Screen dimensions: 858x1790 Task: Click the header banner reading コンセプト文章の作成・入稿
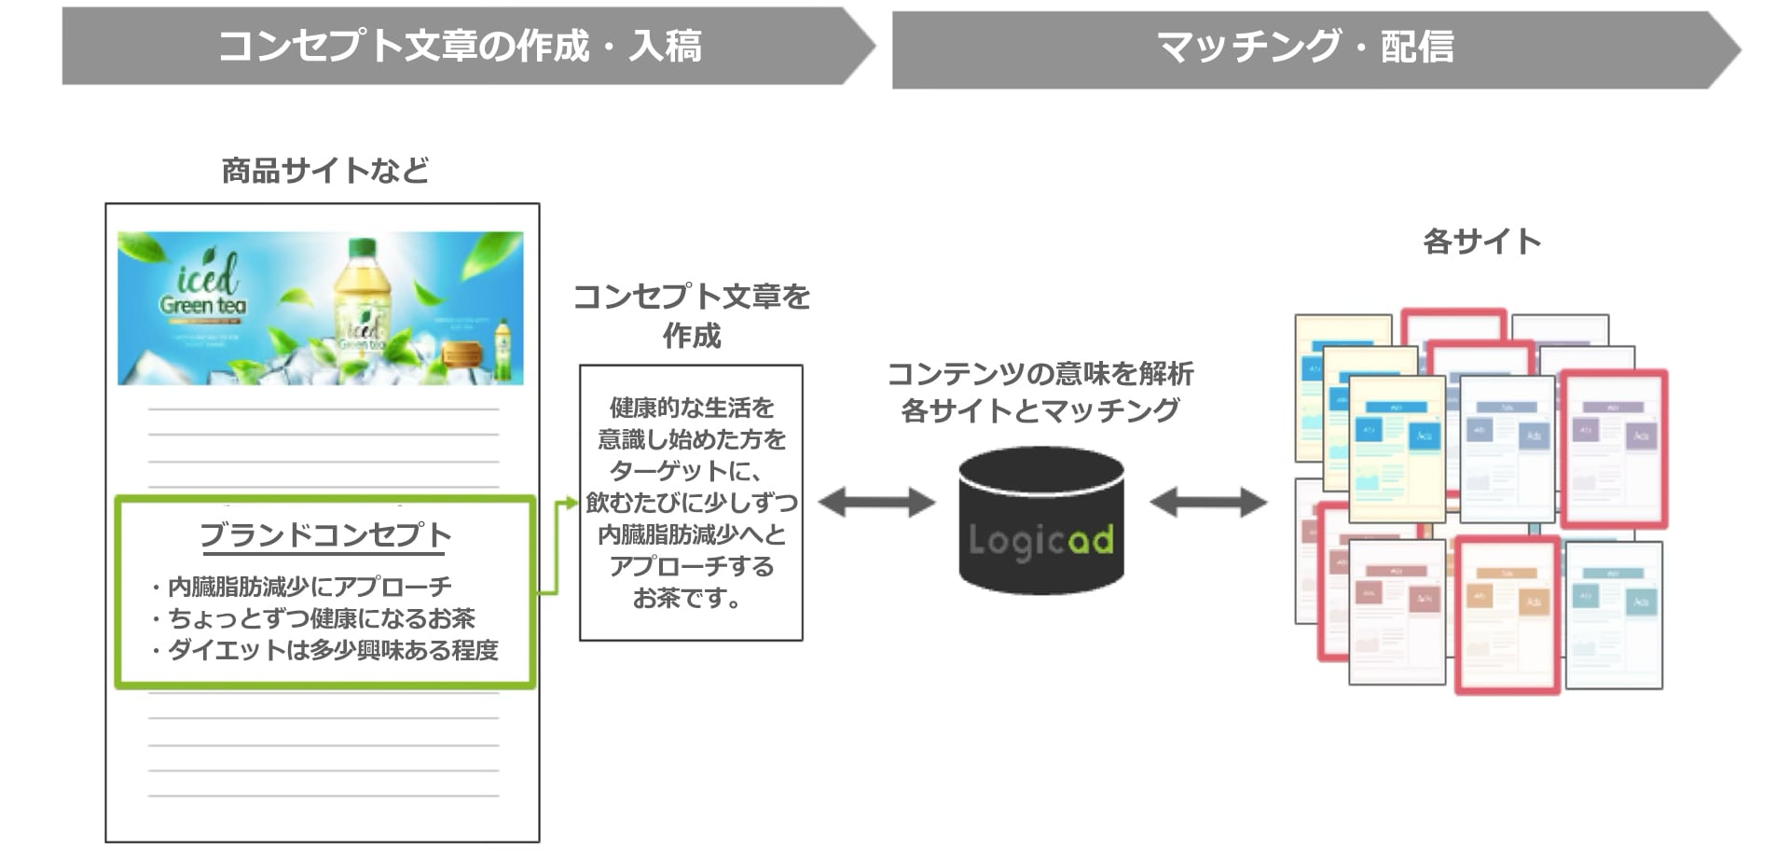(x=460, y=46)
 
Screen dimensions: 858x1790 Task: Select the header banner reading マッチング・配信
(x=1305, y=47)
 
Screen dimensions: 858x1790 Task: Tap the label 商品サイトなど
(x=324, y=171)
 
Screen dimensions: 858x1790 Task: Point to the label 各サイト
(x=1481, y=242)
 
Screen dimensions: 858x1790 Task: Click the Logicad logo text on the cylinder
(x=1040, y=541)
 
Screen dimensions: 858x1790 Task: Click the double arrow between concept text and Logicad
(x=876, y=503)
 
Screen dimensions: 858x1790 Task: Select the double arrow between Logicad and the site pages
(x=1208, y=503)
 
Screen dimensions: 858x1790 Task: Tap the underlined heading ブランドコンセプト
(x=325, y=534)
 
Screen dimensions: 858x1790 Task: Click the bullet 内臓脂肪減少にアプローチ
(x=309, y=587)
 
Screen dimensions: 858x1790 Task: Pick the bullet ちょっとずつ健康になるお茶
(x=321, y=618)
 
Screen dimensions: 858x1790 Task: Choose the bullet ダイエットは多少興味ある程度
(x=332, y=650)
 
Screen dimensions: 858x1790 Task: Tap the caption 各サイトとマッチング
(x=1040, y=410)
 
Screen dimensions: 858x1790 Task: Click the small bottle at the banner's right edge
(x=503, y=351)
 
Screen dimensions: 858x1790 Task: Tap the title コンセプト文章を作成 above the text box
(x=691, y=315)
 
